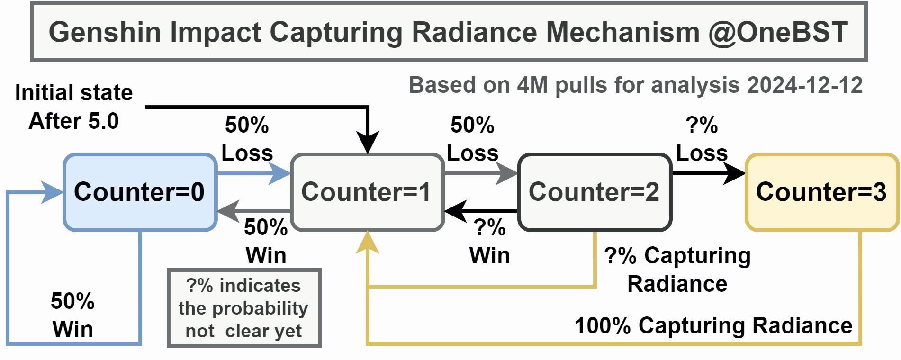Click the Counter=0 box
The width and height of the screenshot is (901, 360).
[x=140, y=192]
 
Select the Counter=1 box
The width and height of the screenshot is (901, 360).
[x=367, y=192]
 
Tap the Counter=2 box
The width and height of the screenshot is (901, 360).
[x=595, y=192]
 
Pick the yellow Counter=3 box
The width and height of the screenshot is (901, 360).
[x=822, y=192]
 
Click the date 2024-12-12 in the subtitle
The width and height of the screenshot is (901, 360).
[x=804, y=85]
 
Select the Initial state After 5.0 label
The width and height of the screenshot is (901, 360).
[x=73, y=107]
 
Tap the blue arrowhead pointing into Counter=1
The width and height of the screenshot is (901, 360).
[x=280, y=173]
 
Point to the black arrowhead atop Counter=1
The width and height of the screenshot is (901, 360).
[x=368, y=142]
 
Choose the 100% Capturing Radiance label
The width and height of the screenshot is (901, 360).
[x=713, y=326]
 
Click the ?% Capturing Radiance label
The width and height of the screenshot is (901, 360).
[x=677, y=270]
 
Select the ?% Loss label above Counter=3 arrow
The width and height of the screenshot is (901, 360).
[x=702, y=139]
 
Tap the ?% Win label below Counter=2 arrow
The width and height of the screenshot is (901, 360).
[x=489, y=242]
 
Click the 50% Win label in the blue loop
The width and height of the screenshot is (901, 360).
[x=72, y=315]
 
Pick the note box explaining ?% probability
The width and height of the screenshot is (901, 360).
[x=244, y=308]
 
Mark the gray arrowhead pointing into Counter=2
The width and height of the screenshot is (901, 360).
[x=508, y=173]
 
